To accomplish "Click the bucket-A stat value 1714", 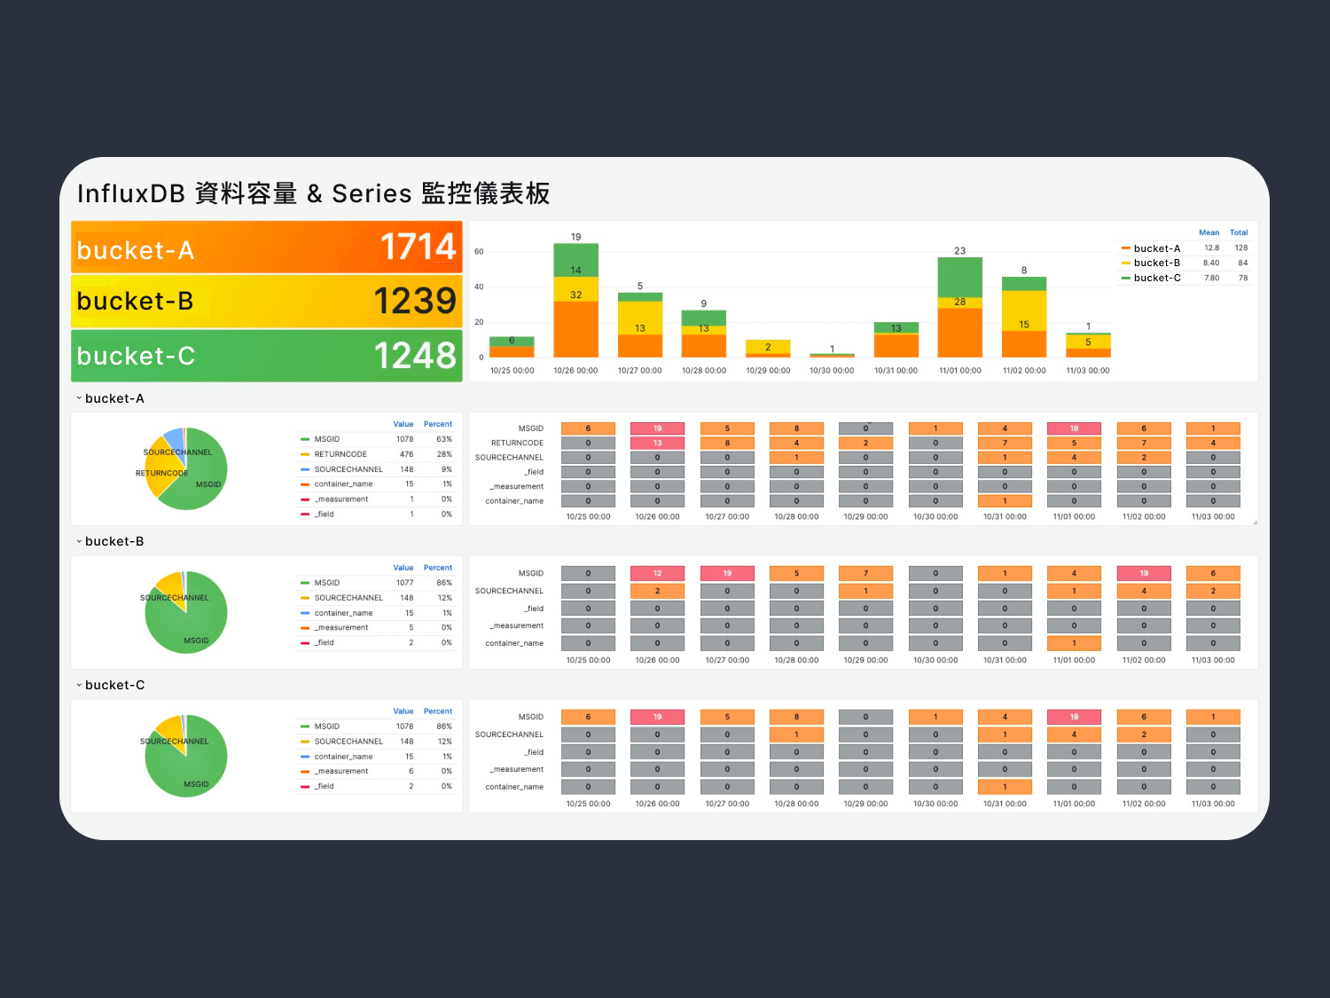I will (x=418, y=247).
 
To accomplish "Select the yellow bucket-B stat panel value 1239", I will (x=415, y=302).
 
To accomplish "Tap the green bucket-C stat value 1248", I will (x=415, y=356).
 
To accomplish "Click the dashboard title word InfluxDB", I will (x=130, y=193).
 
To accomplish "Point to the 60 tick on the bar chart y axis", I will (x=479, y=252).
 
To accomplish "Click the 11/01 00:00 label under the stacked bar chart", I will (x=959, y=371).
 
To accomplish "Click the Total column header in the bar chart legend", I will (x=1238, y=232).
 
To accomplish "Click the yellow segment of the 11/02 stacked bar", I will (x=1024, y=310).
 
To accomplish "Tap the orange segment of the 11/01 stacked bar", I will (x=959, y=333).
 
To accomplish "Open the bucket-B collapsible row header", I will (x=113, y=541).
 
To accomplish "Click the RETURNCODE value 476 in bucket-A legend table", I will (x=406, y=454).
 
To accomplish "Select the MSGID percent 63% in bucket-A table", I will (x=444, y=439).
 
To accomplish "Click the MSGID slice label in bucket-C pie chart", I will (x=196, y=784).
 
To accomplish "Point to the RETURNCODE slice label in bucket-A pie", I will (x=161, y=473).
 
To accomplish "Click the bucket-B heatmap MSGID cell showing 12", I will (x=657, y=573).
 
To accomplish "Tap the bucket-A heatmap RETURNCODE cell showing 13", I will (x=657, y=443).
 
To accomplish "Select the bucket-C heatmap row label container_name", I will (x=514, y=787).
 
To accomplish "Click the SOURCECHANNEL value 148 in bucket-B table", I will (x=406, y=598).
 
